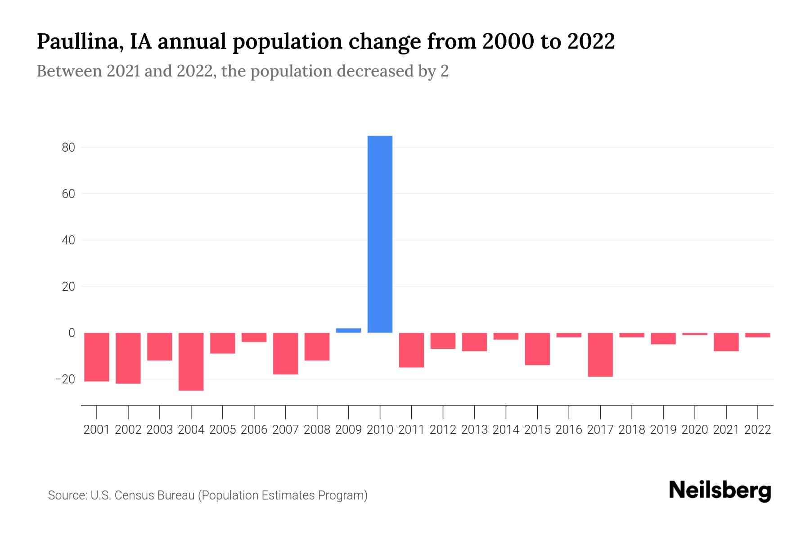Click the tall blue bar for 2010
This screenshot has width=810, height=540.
point(380,234)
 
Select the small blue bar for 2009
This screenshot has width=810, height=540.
point(348,330)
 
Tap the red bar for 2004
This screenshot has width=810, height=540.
point(191,361)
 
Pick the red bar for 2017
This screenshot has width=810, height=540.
point(600,355)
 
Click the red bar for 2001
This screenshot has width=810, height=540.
point(97,357)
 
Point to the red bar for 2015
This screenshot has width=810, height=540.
point(537,349)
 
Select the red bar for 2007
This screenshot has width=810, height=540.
point(285,353)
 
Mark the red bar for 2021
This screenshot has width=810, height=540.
point(726,342)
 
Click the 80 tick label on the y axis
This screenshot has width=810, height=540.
point(68,148)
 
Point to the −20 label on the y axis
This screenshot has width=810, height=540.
point(65,379)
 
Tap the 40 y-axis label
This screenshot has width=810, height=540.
point(68,240)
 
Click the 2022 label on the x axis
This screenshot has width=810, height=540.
point(758,430)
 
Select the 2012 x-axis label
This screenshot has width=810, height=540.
point(443,430)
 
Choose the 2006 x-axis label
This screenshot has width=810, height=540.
point(254,430)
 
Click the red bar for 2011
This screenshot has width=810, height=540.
point(411,350)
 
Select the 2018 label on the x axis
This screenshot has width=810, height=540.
point(632,430)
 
